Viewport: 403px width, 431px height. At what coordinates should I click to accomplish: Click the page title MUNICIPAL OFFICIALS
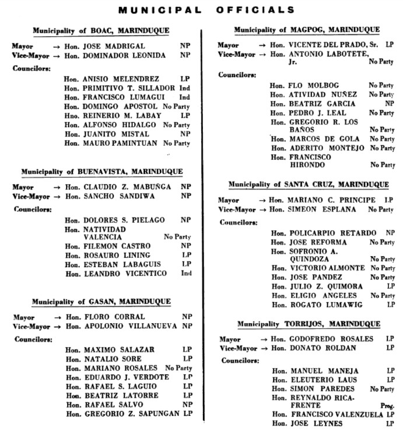click(206, 10)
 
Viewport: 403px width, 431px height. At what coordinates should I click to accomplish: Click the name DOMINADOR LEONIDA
click(125, 55)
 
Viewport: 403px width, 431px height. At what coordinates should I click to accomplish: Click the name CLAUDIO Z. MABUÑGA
click(125, 187)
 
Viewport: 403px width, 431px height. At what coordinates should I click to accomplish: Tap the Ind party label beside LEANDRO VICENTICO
click(186, 273)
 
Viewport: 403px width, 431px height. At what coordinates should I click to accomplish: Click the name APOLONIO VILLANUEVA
click(130, 326)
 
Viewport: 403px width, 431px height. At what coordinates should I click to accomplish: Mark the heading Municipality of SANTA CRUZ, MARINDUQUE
click(307, 184)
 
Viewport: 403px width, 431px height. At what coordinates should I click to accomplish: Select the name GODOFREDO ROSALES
click(331, 339)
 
